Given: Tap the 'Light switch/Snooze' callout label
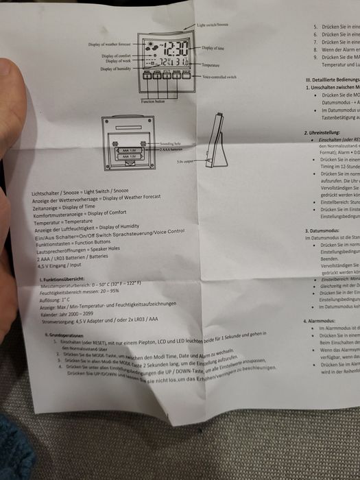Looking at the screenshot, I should pyautogui.click(x=213, y=25).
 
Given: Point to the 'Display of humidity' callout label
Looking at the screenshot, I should pyautogui.click(x=116, y=69).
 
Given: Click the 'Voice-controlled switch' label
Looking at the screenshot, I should pyautogui.click(x=219, y=77).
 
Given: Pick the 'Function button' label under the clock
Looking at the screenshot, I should pyautogui.click(x=155, y=101).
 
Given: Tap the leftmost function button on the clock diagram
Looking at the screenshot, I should pyautogui.click(x=148, y=75).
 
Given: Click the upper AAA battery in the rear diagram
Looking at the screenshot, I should pyautogui.click(x=128, y=149).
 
